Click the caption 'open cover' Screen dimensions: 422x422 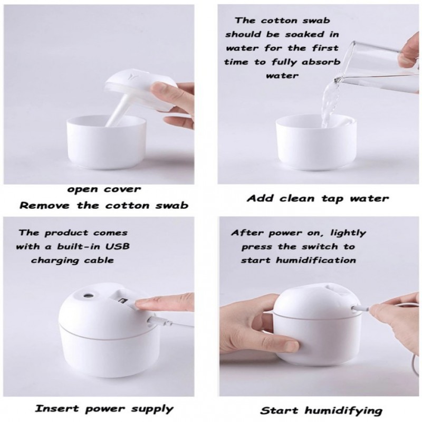click(104, 189)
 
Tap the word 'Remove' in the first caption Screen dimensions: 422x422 click(45, 206)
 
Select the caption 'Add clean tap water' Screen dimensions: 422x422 click(318, 199)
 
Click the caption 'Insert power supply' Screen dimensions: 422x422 click(104, 409)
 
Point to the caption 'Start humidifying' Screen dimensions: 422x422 click(321, 410)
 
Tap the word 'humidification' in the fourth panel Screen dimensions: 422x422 click(316, 260)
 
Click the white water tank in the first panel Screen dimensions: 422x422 click(107, 144)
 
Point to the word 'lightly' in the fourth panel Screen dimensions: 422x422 click(348, 233)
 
